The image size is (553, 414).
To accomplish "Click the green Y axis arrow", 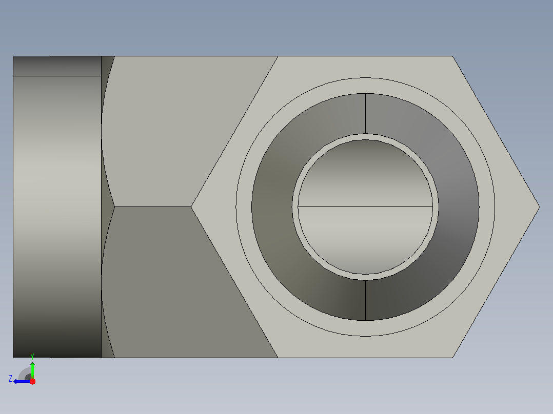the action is tap(32, 370).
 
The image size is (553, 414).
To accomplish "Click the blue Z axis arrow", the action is tap(22, 382).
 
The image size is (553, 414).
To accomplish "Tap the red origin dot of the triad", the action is tap(32, 381).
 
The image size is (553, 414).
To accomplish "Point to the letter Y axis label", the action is tap(32, 356).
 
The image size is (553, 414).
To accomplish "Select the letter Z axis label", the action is tap(10, 379).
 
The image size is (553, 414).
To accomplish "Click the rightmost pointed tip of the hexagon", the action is tap(540, 207).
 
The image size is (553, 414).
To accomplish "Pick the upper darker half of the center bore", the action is tap(365, 173).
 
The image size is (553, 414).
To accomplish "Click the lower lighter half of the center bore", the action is tap(365, 240).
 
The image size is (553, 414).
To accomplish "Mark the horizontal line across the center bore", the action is tap(365, 206).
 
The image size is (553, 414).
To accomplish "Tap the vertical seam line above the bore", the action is tap(365, 113).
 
